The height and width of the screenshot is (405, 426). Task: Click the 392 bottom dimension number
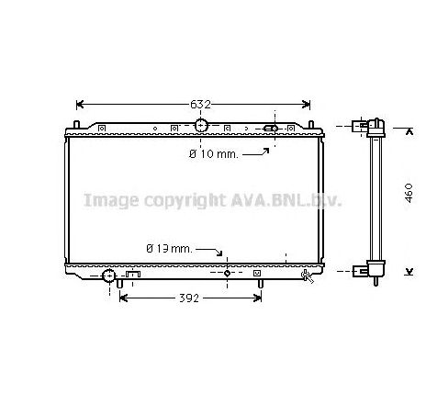click(190, 298)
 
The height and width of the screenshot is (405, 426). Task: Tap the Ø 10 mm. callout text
click(213, 154)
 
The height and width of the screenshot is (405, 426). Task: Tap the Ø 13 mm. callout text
click(168, 249)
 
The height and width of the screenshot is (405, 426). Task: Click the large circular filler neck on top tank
click(202, 125)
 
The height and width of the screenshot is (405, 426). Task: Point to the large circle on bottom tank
click(108, 275)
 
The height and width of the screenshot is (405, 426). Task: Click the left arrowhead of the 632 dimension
click(79, 105)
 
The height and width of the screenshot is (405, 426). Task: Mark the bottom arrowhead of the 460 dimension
click(408, 270)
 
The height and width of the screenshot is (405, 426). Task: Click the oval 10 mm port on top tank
click(271, 128)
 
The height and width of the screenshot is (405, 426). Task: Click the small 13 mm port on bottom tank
click(228, 273)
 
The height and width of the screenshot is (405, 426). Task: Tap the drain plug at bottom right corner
click(306, 274)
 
